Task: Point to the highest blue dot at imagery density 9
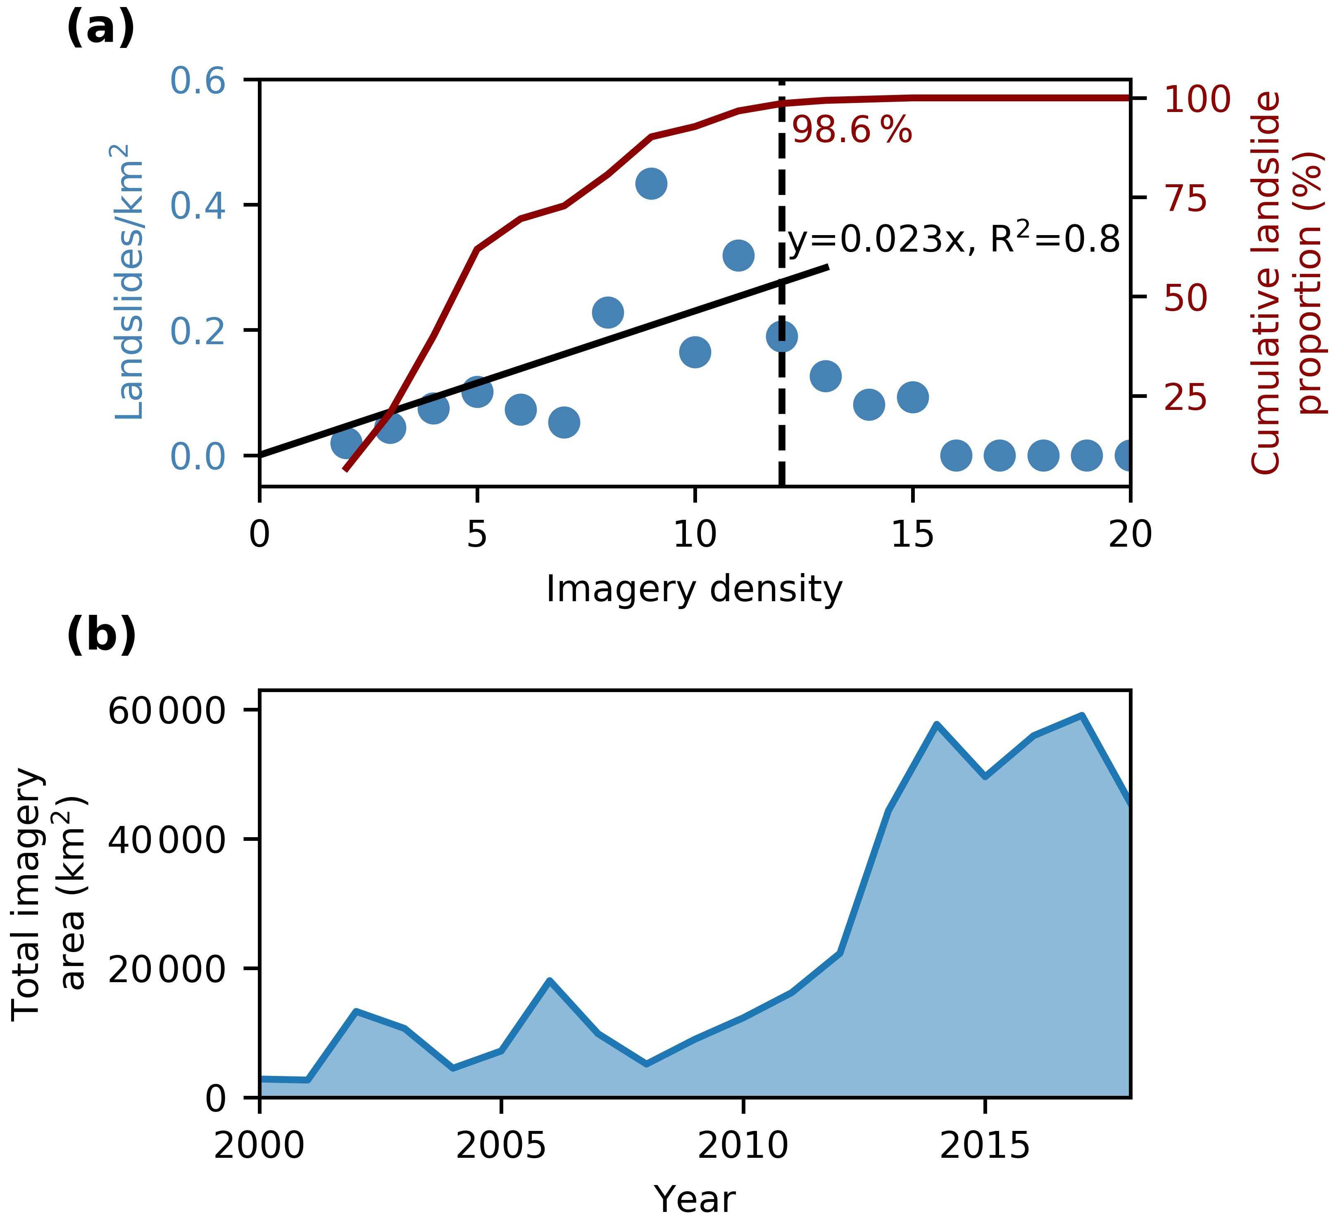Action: pyautogui.click(x=651, y=183)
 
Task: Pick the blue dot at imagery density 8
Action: pyautogui.click(x=607, y=312)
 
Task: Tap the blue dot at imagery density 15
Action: pyautogui.click(x=913, y=397)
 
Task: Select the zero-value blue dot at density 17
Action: pyautogui.click(x=1000, y=455)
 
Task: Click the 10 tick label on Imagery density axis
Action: pyautogui.click(x=695, y=534)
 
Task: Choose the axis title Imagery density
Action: pyautogui.click(x=694, y=589)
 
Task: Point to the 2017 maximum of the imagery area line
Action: pyautogui.click(x=1082, y=716)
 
